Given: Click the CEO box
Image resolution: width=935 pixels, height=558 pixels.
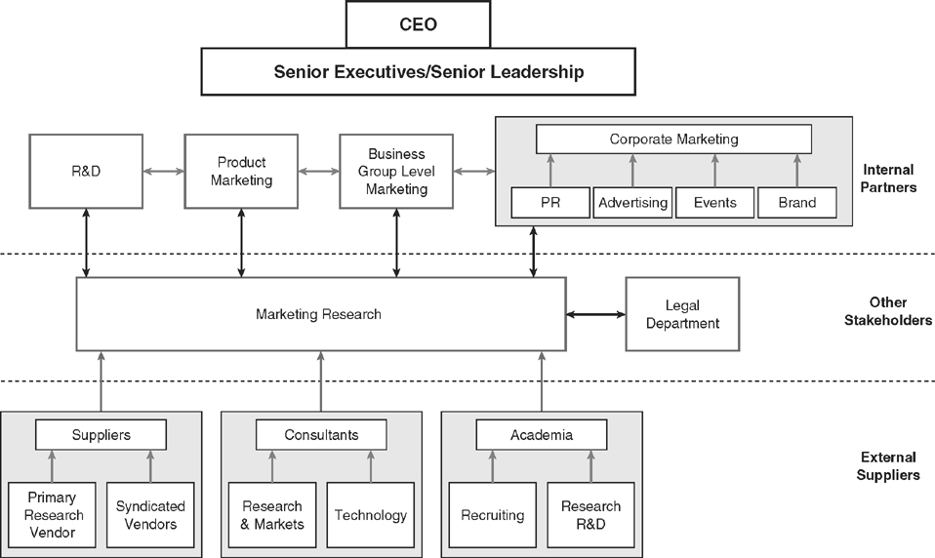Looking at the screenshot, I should click(x=418, y=23).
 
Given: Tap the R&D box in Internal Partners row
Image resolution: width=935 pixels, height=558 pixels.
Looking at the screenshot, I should click(x=86, y=171).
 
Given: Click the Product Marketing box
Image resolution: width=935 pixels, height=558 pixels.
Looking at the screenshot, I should click(x=241, y=171).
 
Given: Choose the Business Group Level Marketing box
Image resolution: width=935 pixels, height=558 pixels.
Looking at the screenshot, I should click(x=396, y=171).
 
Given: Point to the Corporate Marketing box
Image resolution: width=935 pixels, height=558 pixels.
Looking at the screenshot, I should click(x=673, y=139).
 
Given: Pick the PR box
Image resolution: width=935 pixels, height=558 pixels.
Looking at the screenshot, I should click(x=550, y=203).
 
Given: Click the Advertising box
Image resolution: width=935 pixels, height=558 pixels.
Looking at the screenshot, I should click(x=632, y=203).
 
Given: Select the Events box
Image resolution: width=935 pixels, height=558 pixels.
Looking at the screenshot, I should click(x=715, y=203).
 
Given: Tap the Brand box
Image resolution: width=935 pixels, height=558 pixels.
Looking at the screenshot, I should click(x=797, y=203).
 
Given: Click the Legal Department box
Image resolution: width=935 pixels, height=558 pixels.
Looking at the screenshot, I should click(x=682, y=314).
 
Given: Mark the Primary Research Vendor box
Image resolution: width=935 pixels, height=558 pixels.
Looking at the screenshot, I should click(x=54, y=515).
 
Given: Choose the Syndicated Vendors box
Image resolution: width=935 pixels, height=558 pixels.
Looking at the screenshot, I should click(x=150, y=515).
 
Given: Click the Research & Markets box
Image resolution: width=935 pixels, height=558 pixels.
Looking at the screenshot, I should click(x=272, y=515).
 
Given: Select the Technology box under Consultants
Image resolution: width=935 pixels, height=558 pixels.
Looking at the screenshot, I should click(x=370, y=515).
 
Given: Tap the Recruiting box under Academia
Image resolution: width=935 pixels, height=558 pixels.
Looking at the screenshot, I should click(x=492, y=515).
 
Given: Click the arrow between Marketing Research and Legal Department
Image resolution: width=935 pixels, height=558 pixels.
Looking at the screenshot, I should click(x=595, y=314).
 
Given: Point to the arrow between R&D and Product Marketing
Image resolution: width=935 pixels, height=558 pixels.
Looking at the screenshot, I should click(x=163, y=171).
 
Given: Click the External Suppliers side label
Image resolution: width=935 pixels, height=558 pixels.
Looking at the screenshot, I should click(x=889, y=465).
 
